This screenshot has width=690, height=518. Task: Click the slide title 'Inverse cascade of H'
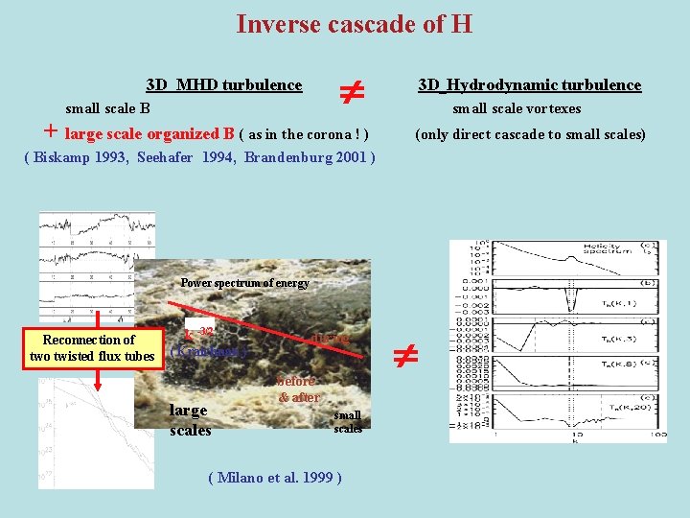point(354,23)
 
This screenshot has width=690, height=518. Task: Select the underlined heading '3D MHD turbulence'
point(223,85)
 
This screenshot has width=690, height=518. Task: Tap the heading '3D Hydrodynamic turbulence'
point(529,85)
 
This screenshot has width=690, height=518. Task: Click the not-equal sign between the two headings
point(351,93)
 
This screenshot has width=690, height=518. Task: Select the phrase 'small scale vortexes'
point(517,108)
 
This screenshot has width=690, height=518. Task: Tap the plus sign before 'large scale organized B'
point(51,132)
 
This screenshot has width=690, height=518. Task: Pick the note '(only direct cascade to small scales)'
point(530,134)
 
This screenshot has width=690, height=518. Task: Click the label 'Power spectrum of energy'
point(244,283)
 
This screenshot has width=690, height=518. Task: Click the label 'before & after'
point(298,388)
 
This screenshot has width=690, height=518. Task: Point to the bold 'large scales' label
point(190,420)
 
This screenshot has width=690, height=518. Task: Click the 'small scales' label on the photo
point(348,422)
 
